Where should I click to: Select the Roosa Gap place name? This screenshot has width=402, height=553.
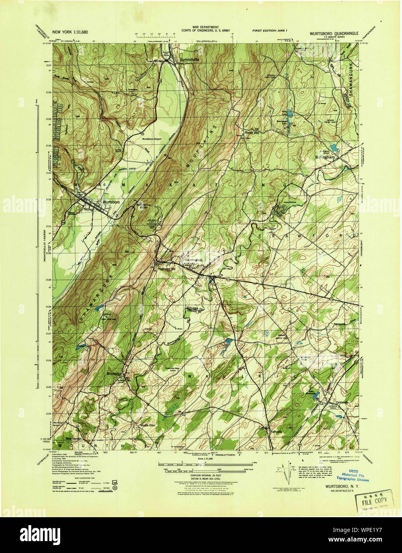pos(252,133)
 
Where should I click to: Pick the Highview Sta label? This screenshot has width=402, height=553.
pos(167,269)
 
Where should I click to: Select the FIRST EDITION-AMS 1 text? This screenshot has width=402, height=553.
pos(272,31)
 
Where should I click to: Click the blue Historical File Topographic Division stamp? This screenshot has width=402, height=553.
pos(352,478)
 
